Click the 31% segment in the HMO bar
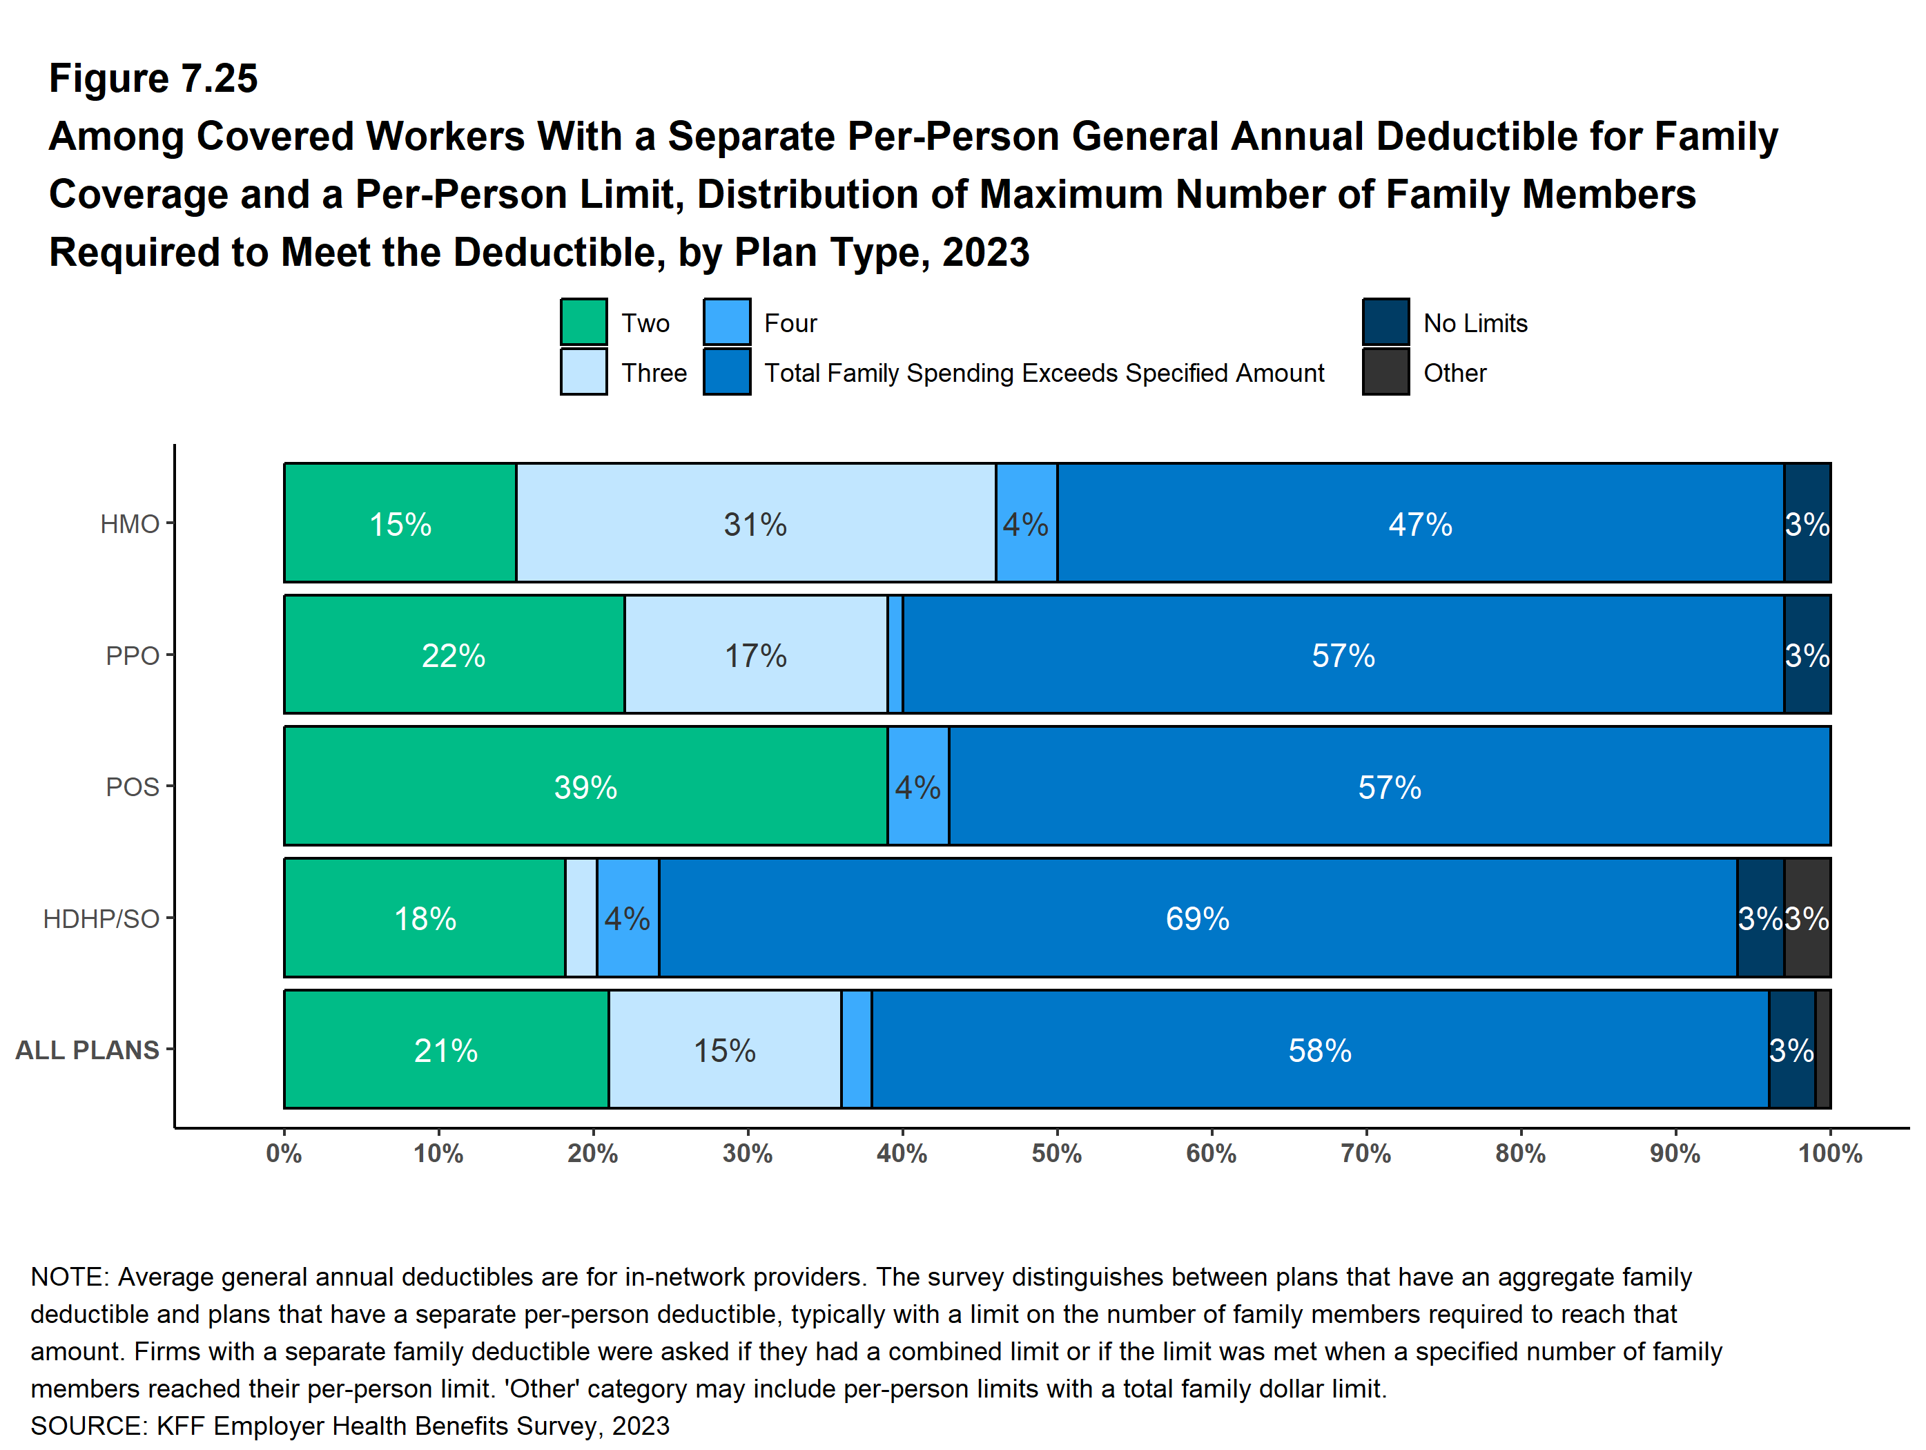(755, 523)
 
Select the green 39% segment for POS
(585, 786)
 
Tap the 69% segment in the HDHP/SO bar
(1197, 918)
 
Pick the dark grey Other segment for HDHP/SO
(1807, 918)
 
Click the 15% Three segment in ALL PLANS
(724, 1050)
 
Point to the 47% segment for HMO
(1420, 523)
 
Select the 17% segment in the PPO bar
(755, 655)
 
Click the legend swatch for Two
(583, 322)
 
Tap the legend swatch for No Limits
(1385, 322)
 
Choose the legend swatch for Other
(1385, 372)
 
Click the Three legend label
(654, 373)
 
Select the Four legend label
(790, 323)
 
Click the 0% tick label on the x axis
(284, 1154)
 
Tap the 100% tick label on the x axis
(1829, 1154)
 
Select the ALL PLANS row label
(87, 1050)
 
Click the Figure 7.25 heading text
(153, 79)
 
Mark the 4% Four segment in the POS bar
(917, 786)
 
